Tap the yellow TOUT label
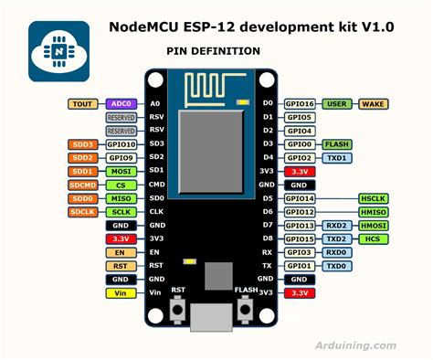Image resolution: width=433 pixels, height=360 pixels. [x=81, y=104]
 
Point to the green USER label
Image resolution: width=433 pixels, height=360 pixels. [x=338, y=104]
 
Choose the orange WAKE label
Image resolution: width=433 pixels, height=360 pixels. [x=375, y=104]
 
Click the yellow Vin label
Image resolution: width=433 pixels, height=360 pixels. [x=120, y=292]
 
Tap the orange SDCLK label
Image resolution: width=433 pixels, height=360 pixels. [x=81, y=212]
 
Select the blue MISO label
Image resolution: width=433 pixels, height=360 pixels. [x=120, y=198]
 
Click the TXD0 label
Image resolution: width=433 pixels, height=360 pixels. [x=337, y=266]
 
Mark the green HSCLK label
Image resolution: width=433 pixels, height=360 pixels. [x=375, y=198]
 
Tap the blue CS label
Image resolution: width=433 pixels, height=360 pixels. [x=120, y=185]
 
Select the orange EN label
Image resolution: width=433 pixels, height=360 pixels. [x=120, y=252]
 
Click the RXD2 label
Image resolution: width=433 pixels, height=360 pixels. [x=337, y=225]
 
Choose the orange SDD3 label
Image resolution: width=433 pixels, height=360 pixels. [x=81, y=144]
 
